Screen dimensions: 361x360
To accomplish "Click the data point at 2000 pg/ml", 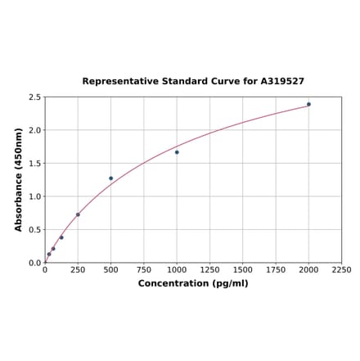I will tap(308, 104).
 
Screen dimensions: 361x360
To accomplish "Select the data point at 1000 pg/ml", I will tap(177, 152).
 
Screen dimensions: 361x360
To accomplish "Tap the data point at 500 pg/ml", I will tap(111, 178).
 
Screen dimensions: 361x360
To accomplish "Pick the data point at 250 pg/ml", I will tap(78, 214).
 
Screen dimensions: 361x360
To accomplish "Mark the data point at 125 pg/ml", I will tap(61, 237).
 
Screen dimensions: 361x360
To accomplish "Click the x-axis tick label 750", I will tap(143, 269).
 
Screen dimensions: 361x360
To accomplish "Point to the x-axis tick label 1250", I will tap(209, 269).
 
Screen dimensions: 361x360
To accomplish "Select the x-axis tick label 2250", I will tap(341, 269).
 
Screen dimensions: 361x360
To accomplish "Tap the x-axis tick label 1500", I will tap(242, 269).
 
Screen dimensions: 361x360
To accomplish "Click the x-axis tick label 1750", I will tap(276, 269).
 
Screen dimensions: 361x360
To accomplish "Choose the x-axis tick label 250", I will tap(78, 269).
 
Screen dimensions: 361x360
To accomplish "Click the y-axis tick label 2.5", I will tap(35, 97).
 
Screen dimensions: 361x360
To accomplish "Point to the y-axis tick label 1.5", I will tap(35, 164).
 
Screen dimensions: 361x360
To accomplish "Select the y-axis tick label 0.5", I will tap(35, 230).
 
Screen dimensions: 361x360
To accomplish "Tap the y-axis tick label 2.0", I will tap(35, 130).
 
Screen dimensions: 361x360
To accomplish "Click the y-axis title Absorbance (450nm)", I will tap(19, 179).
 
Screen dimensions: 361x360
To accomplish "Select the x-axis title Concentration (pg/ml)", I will tap(193, 283).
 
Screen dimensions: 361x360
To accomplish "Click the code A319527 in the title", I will tap(282, 82).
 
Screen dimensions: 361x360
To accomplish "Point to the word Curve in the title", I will tap(226, 82).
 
